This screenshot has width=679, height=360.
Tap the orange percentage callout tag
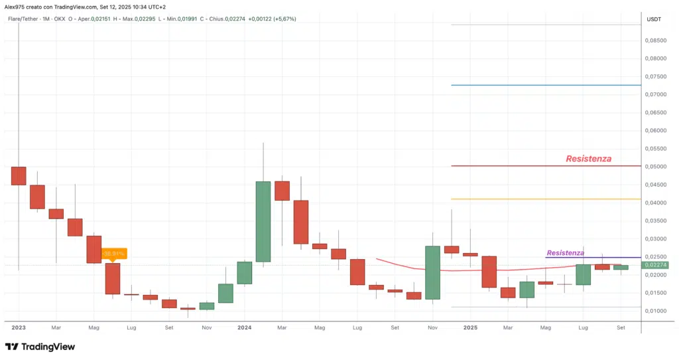113,253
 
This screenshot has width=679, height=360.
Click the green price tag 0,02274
655,264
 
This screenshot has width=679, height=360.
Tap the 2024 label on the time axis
245,327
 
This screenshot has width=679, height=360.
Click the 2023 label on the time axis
19,327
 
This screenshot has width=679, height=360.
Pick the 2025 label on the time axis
470,327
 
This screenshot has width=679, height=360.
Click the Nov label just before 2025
432,327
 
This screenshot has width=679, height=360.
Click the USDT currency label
654,19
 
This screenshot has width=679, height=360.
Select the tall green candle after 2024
263,221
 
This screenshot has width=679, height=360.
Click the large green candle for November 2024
432,272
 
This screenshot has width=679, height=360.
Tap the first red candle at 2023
19,175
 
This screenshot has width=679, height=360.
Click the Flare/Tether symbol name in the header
22,19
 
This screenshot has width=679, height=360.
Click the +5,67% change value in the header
283,19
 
